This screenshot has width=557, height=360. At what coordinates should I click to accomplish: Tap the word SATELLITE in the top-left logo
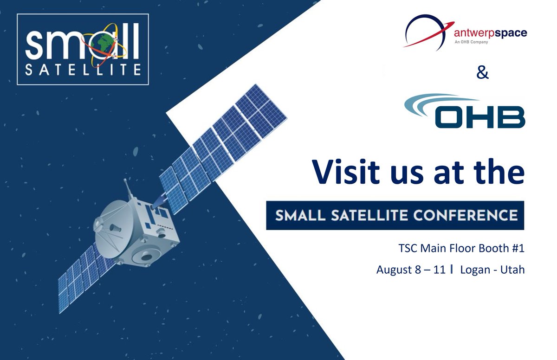point(83,70)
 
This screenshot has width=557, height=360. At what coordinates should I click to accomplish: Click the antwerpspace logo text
point(490,33)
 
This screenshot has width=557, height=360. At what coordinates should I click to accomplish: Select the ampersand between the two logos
point(483,73)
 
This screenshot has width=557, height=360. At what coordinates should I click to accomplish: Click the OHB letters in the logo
point(480,116)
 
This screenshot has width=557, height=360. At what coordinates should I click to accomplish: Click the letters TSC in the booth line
point(408,249)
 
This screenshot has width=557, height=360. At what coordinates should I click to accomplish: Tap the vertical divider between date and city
point(452,270)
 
